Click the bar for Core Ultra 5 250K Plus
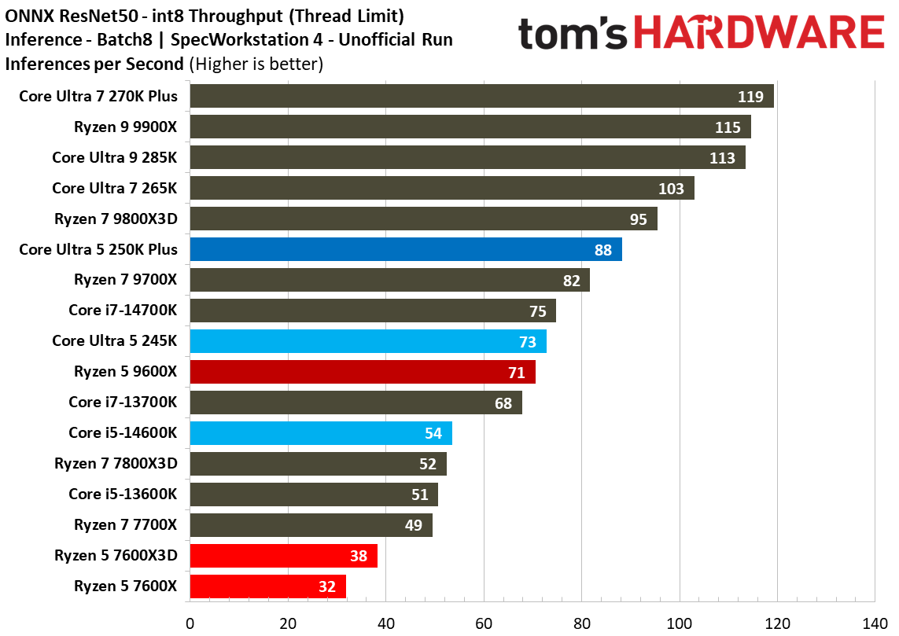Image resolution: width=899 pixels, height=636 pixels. [x=405, y=249]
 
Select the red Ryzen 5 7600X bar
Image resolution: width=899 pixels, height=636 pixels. [x=267, y=586]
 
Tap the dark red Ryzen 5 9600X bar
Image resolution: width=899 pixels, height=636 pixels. [x=362, y=372]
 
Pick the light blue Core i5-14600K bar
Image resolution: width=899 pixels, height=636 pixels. [x=320, y=433]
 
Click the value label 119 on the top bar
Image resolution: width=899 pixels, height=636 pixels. [x=750, y=97]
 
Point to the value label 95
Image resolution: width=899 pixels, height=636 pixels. [x=638, y=219]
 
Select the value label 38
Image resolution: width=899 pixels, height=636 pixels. [x=358, y=556]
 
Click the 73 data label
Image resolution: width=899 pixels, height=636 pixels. [x=527, y=342]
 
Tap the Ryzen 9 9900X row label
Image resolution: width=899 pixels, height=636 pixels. [x=126, y=127]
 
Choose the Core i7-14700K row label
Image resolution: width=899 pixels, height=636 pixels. [x=123, y=311]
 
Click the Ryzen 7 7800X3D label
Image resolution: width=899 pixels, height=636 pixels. [x=116, y=464]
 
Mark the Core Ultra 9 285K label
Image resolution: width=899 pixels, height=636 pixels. [x=115, y=157]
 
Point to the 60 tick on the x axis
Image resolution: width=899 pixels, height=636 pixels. [x=484, y=623]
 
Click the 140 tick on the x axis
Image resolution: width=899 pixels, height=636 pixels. [x=875, y=623]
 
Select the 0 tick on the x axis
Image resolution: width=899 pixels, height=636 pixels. [x=190, y=623]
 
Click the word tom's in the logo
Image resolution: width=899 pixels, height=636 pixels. [x=573, y=35]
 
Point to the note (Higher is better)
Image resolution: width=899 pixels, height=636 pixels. [x=256, y=64]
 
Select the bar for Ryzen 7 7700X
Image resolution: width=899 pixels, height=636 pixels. [x=311, y=525]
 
